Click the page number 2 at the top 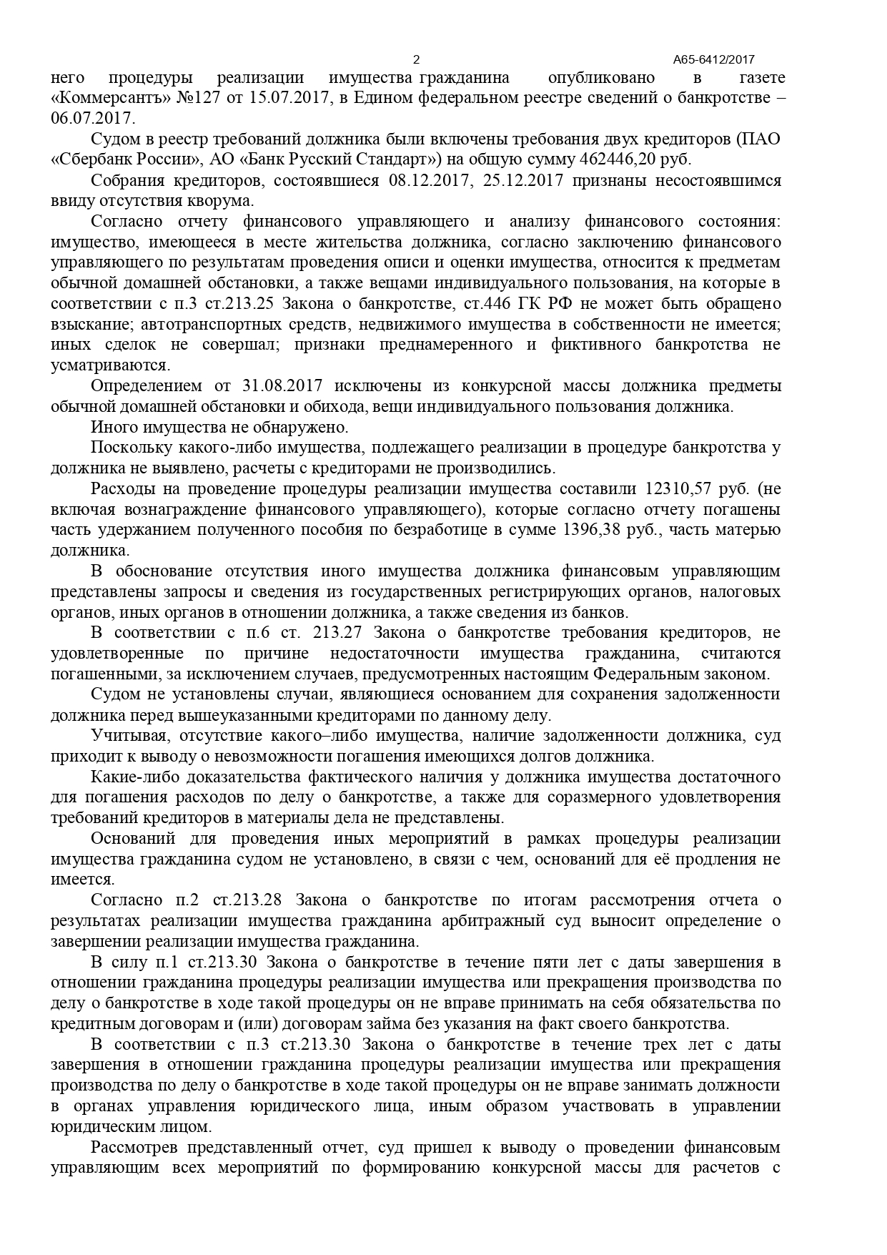click(417, 60)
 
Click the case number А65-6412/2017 click(714, 61)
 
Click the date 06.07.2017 click(93, 118)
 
